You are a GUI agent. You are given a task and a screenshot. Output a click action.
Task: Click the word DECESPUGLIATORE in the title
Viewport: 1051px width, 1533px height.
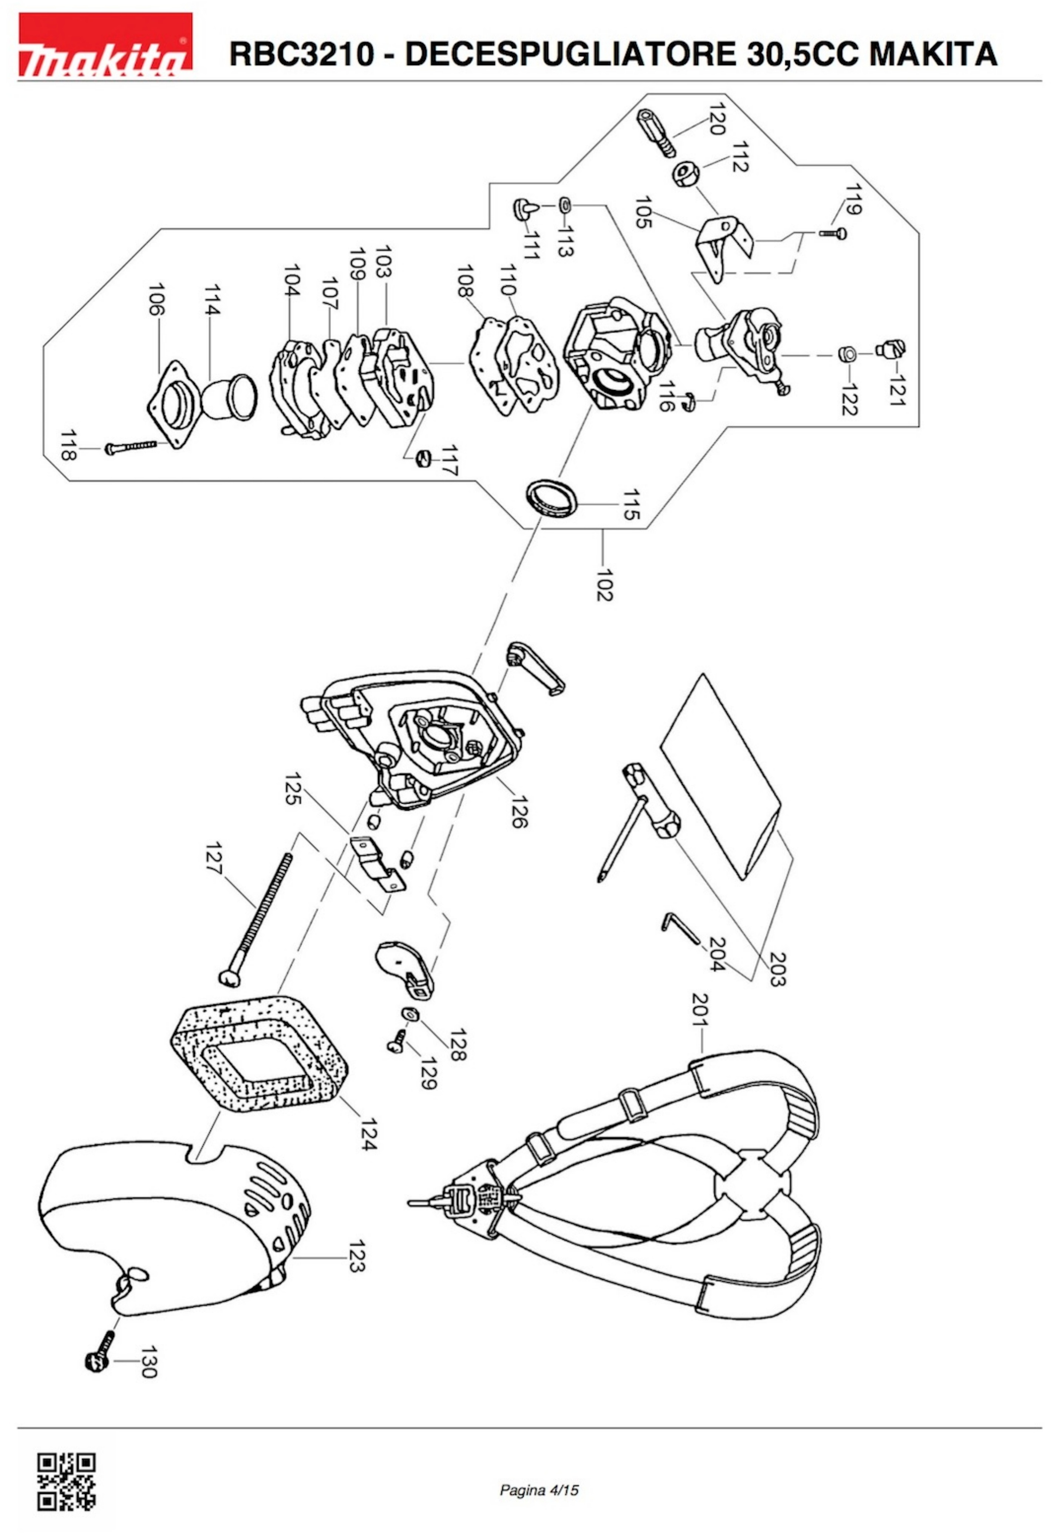[570, 54]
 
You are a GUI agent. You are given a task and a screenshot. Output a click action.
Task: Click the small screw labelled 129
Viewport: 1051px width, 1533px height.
[397, 1040]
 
